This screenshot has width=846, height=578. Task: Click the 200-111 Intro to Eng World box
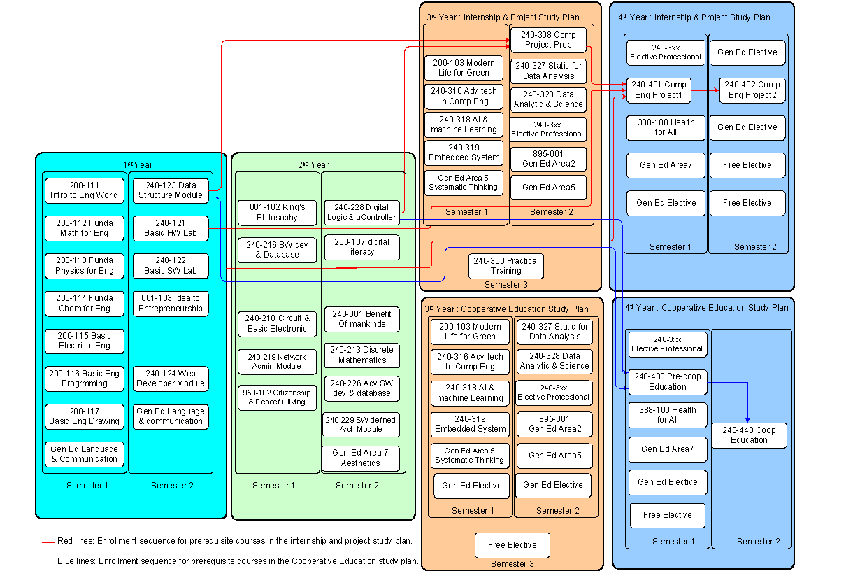point(84,190)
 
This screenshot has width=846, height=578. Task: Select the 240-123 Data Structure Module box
point(171,190)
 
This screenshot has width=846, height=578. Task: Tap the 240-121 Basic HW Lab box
point(171,228)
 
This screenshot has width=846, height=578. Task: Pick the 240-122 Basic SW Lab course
point(171,266)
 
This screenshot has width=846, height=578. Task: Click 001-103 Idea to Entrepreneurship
point(171,304)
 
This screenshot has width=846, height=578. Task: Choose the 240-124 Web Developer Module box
point(171,379)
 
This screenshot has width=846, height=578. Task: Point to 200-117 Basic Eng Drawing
point(84,416)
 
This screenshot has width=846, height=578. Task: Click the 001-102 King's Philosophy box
point(277,213)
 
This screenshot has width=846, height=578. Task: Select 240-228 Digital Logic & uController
point(361,213)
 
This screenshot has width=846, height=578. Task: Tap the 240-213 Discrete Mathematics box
point(362,355)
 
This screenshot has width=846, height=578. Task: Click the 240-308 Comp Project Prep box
point(548,40)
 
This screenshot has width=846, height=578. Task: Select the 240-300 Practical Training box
point(506,266)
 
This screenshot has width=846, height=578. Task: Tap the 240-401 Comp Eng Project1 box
point(659,90)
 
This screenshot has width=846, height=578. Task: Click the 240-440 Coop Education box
point(749,435)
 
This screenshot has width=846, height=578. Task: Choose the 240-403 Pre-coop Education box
point(667,381)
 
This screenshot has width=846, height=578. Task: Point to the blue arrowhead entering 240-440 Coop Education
point(748,419)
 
